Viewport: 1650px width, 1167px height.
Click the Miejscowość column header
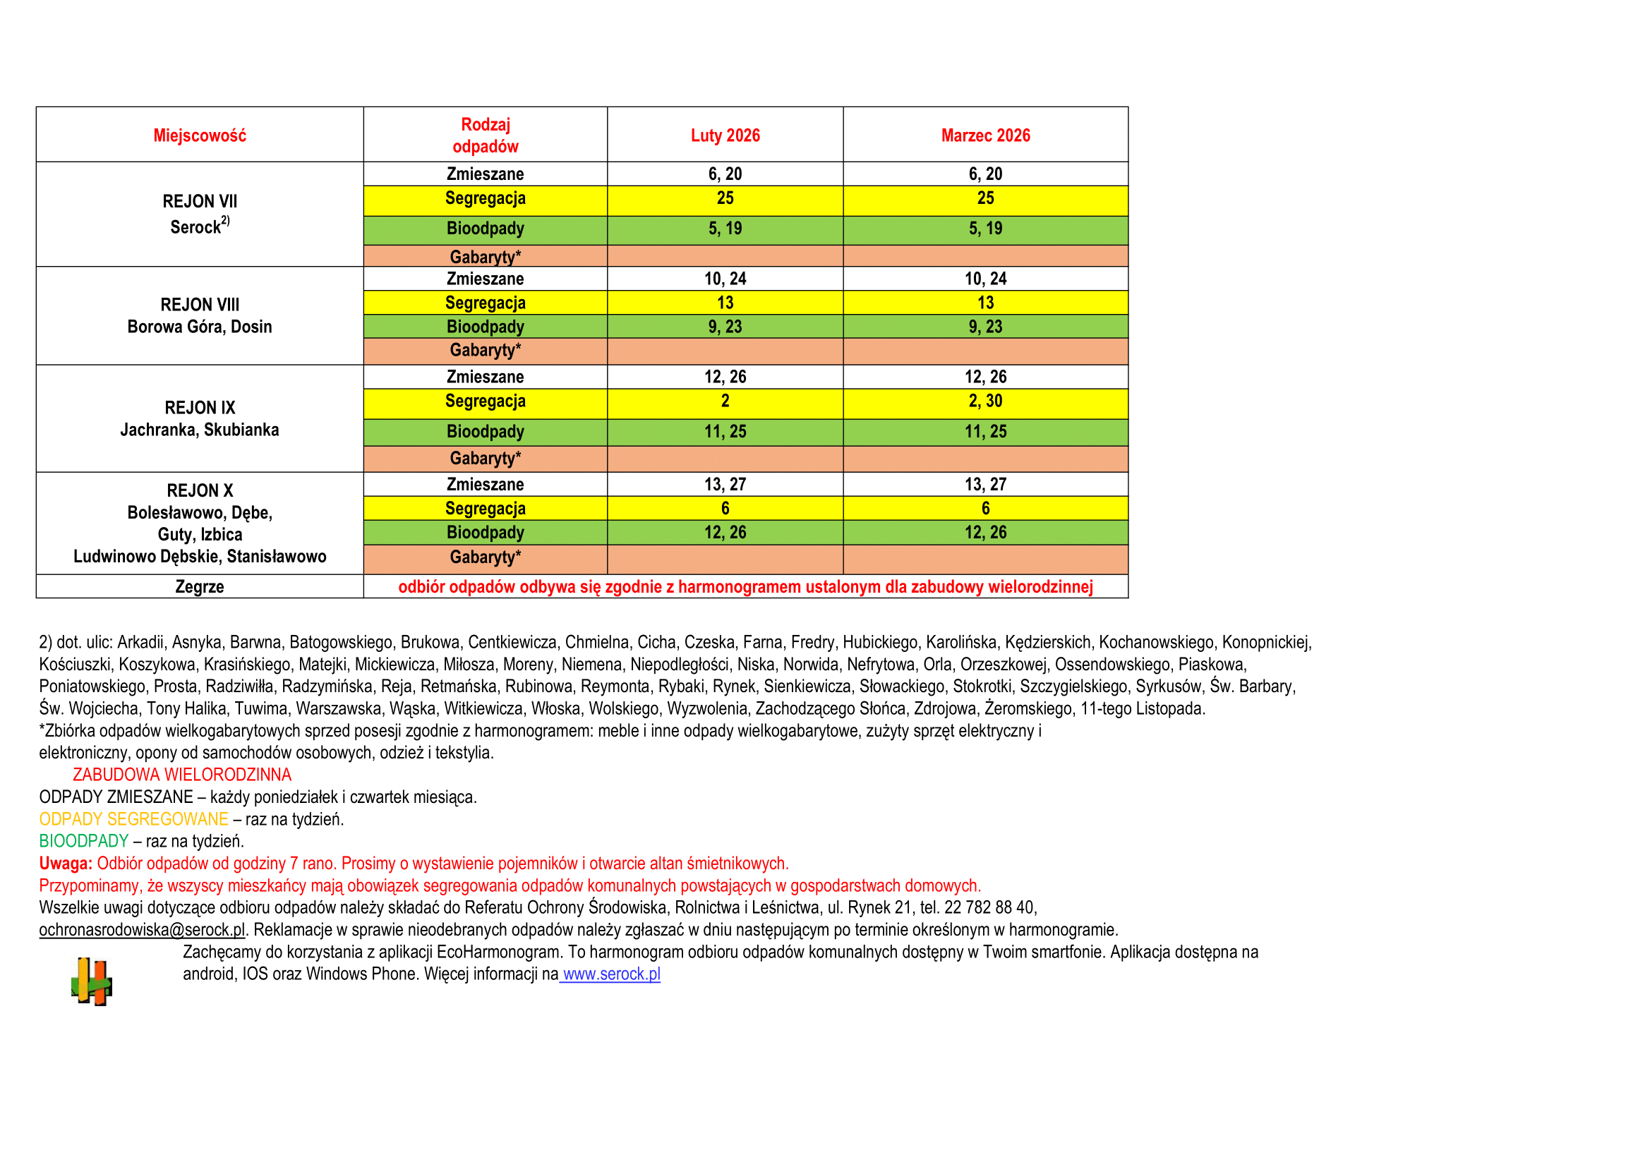pos(199,135)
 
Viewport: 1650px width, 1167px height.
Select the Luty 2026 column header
pos(724,135)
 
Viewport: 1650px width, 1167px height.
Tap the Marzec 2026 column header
pos(984,135)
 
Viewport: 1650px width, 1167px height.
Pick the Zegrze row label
pos(199,586)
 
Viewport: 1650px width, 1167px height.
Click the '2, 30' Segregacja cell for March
pos(984,401)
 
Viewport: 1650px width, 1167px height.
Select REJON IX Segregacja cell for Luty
pos(724,401)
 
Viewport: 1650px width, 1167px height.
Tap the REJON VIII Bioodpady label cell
pos(485,326)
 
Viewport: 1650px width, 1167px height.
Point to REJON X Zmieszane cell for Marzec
pos(984,484)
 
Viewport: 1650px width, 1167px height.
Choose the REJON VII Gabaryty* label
pos(485,257)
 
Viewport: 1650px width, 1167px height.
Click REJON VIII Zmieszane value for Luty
pos(724,279)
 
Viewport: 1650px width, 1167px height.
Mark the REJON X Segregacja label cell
pos(485,508)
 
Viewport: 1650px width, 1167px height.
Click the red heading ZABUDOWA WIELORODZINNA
pos(182,775)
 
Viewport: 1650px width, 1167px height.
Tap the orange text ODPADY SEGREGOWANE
pos(133,819)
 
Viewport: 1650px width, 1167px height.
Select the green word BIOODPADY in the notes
pos(83,841)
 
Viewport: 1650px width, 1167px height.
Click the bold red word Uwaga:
pos(66,863)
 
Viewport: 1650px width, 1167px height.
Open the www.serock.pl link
pos(611,974)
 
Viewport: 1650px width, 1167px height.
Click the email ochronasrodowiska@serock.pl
pos(142,929)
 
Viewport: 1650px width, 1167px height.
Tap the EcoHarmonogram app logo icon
pos(91,981)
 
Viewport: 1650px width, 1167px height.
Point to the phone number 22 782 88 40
pos(992,907)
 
